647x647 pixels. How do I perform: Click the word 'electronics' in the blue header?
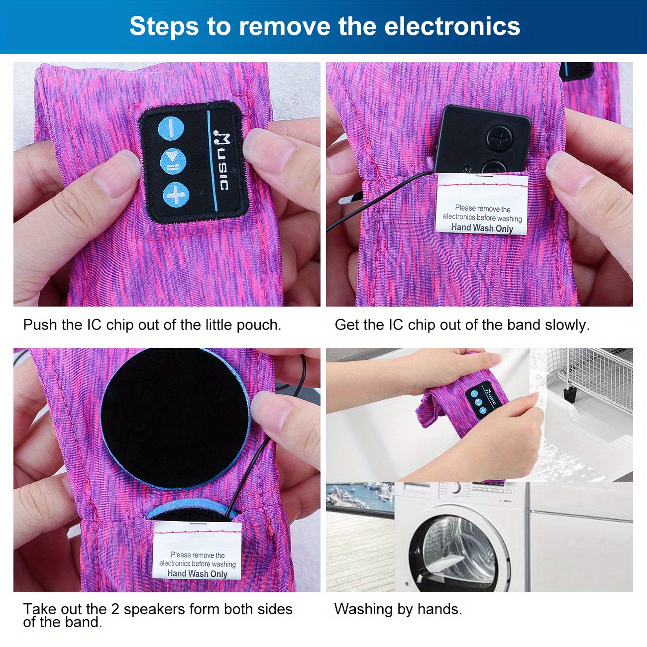[452, 26]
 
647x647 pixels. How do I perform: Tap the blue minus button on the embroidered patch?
[171, 128]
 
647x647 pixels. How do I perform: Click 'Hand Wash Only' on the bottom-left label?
[198, 573]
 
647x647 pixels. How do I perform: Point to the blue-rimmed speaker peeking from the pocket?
[195, 512]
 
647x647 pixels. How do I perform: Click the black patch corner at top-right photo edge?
[577, 72]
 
